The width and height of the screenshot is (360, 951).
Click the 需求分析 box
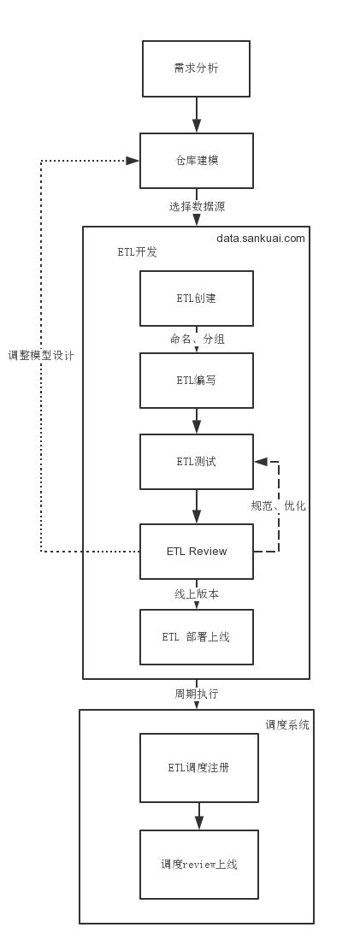[196, 68]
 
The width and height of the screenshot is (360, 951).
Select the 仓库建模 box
[196, 161]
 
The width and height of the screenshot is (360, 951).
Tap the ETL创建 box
[196, 298]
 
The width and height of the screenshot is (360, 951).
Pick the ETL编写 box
[196, 381]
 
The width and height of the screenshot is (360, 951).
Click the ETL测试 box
[196, 462]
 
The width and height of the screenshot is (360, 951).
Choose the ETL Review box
[196, 552]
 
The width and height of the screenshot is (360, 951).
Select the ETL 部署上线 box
[196, 637]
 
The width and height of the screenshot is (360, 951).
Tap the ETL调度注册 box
[198, 767]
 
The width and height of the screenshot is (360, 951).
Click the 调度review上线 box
[198, 865]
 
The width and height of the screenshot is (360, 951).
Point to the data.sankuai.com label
[260, 239]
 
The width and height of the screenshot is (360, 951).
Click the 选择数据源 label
[197, 207]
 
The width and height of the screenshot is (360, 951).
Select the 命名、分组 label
[197, 340]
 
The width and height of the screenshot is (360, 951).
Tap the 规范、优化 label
[278, 506]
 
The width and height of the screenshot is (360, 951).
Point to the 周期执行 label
[196, 694]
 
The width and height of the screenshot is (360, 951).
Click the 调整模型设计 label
[41, 356]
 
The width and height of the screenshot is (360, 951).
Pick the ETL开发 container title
[137, 252]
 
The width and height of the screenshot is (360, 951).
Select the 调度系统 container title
[286, 724]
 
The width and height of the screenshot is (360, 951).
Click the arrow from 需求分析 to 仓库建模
[196, 115]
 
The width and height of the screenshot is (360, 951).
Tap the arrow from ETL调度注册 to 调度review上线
[198, 816]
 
